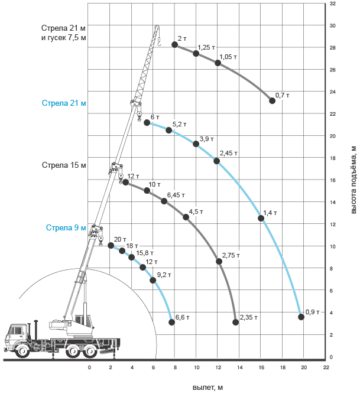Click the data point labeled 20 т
click(111, 245)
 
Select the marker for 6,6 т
click(171, 322)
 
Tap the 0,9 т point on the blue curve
click(301, 317)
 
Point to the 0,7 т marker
click(272, 101)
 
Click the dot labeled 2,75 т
click(219, 261)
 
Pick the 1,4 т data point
click(261, 219)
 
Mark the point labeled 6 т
click(147, 123)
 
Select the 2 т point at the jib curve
click(175, 45)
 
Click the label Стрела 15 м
click(64, 165)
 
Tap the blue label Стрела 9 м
click(66, 227)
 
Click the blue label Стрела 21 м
click(64, 103)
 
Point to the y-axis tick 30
click(332, 25)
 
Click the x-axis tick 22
click(326, 367)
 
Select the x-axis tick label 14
click(240, 367)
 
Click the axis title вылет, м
click(207, 388)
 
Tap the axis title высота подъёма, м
click(353, 180)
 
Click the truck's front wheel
click(22, 350)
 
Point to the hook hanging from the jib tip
click(158, 42)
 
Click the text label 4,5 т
click(196, 211)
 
